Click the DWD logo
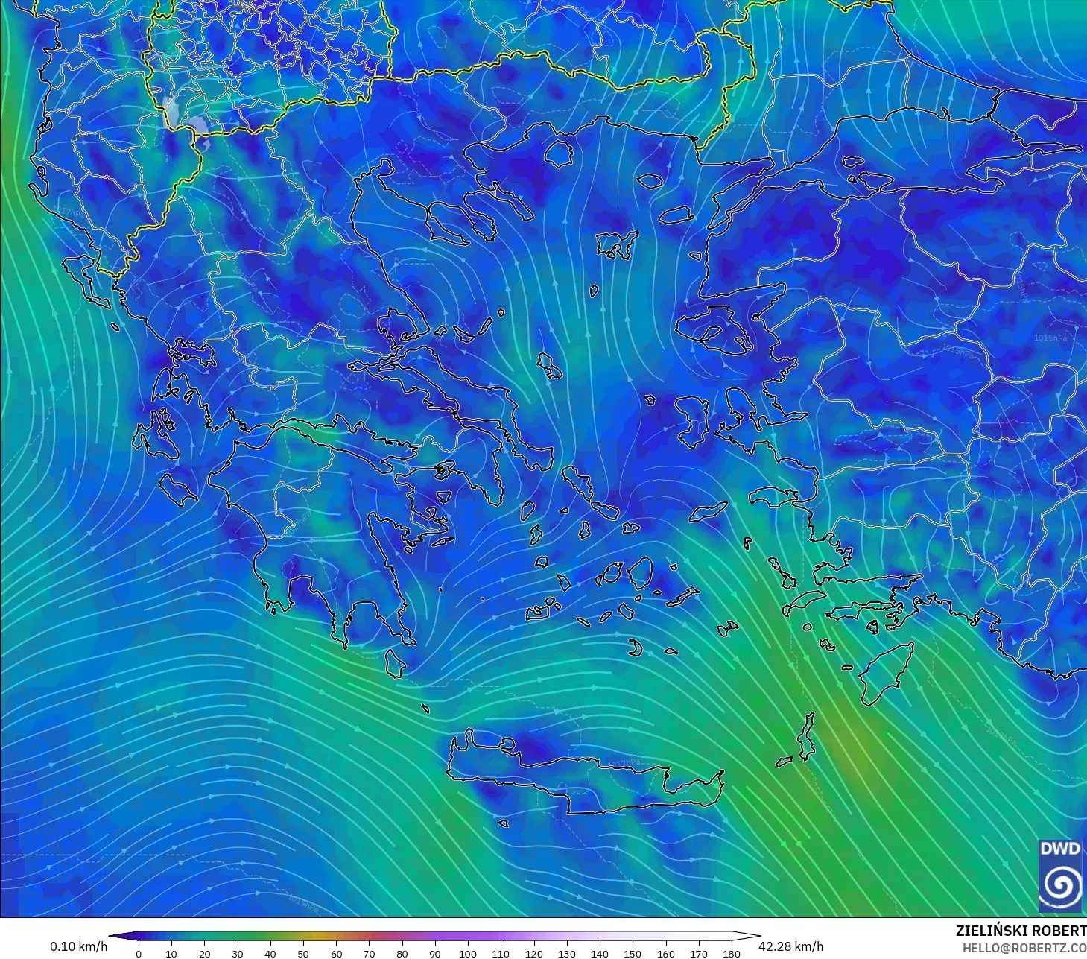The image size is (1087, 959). click(x=1060, y=876)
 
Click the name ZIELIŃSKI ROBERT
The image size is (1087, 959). click(x=1020, y=931)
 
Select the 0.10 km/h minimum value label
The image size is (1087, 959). click(x=78, y=946)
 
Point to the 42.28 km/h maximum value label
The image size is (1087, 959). click(x=790, y=946)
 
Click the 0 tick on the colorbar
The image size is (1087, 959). click(x=139, y=953)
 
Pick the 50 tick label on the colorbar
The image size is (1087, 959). click(x=303, y=953)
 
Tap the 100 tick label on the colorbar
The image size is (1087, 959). click(x=468, y=953)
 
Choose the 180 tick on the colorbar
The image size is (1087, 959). click(x=732, y=953)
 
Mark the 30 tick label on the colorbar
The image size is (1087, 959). click(x=238, y=953)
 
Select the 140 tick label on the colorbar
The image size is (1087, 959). click(x=600, y=953)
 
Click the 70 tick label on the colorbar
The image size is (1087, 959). click(x=369, y=953)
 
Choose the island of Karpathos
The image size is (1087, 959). click(x=807, y=736)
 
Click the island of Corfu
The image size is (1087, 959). click(x=80, y=276)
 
